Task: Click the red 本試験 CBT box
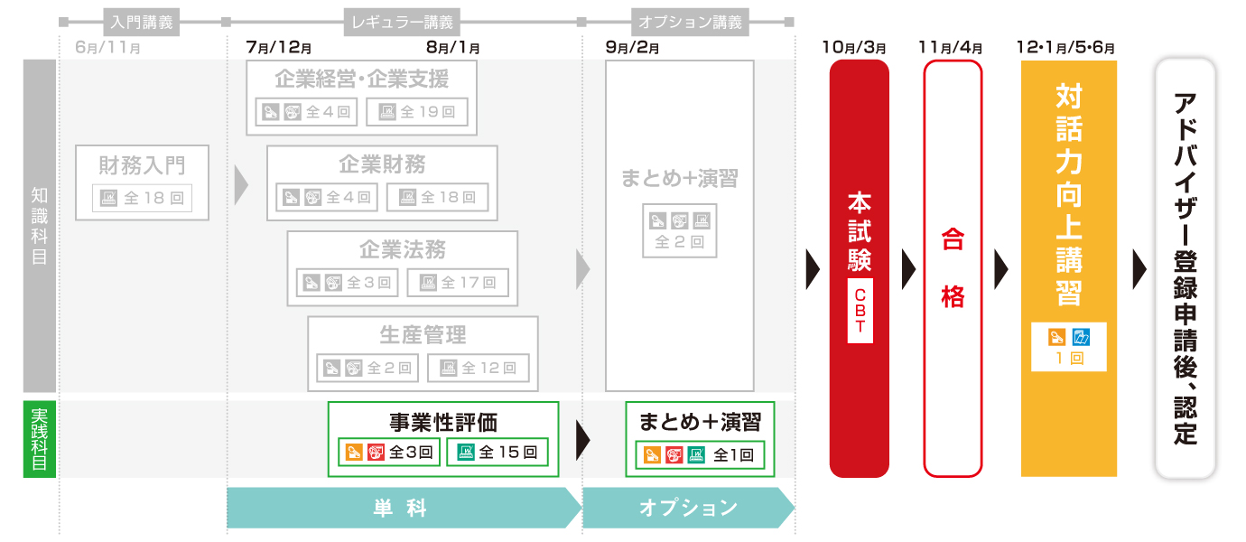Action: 859,226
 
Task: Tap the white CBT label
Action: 859,311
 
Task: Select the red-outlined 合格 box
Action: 953,267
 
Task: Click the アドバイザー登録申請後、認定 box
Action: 1185,268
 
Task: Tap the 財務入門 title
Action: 142,165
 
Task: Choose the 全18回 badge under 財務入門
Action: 143,198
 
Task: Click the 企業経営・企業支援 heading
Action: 361,79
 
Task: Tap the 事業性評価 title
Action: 443,422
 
